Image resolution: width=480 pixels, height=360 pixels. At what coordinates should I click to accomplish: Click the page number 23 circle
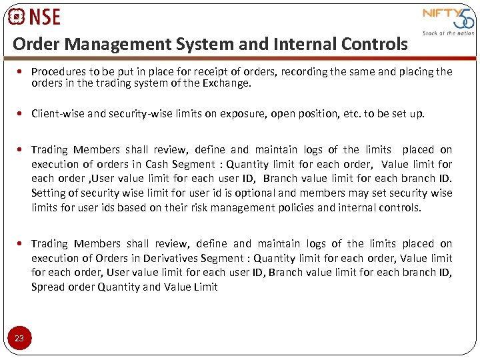click(x=19, y=339)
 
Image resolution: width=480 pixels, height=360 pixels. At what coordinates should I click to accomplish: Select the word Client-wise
click(x=57, y=113)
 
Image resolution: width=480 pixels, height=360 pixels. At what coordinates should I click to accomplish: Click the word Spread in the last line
click(x=46, y=287)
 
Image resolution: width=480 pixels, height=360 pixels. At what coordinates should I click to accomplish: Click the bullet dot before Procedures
click(x=23, y=71)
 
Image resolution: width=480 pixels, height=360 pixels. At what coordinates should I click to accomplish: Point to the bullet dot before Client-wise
click(x=23, y=113)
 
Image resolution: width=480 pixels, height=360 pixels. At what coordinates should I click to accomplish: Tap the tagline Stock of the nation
click(x=448, y=33)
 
